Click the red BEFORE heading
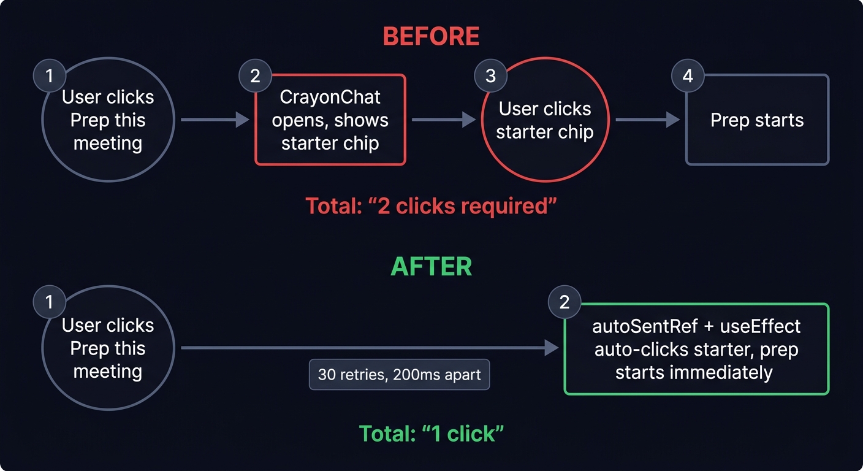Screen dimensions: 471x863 coord(431,37)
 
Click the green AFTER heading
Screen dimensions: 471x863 coord(431,267)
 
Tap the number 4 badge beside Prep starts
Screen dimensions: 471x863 coord(688,76)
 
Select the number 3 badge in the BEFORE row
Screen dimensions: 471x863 coord(490,76)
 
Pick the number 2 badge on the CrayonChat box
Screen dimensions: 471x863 coord(256,76)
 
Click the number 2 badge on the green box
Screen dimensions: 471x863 coord(564,302)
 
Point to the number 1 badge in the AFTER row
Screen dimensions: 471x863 coord(49,302)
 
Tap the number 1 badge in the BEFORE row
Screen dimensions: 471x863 coord(49,76)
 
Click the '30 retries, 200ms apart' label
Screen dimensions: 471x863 coord(400,374)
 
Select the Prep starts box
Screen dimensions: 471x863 coord(757,120)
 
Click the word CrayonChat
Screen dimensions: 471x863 coord(330,97)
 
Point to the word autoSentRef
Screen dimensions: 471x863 coord(644,326)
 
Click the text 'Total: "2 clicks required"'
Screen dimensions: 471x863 coord(431,206)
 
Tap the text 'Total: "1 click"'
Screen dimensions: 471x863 coord(431,434)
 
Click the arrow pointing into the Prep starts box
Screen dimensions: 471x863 coord(647,120)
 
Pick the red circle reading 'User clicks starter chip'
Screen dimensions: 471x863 coord(544,120)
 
